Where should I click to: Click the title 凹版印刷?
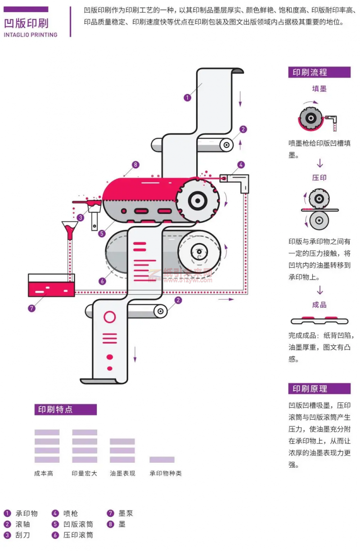pos(26,23)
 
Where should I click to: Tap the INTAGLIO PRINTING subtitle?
pos(31,35)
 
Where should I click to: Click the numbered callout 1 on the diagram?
pos(187,97)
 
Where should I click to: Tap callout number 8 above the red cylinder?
pos(135,165)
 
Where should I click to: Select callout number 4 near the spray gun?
pos(241,165)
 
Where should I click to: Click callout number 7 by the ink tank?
pos(31,309)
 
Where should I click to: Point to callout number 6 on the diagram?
pos(103,281)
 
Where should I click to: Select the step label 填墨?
pos(319,89)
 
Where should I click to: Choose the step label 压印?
pos(319,177)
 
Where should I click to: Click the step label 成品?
pos(319,305)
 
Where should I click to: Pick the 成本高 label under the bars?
pos(44,474)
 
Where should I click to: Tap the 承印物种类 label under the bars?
pos(166,474)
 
